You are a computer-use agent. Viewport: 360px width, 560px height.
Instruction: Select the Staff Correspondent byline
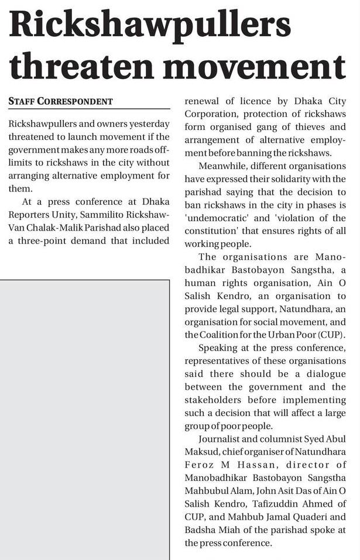[x=61, y=101]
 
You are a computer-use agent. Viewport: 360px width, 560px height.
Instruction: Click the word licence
[x=254, y=101]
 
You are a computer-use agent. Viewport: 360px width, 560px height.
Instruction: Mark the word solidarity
[x=300, y=178]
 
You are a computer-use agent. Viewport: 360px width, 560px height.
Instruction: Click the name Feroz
[x=200, y=465]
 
